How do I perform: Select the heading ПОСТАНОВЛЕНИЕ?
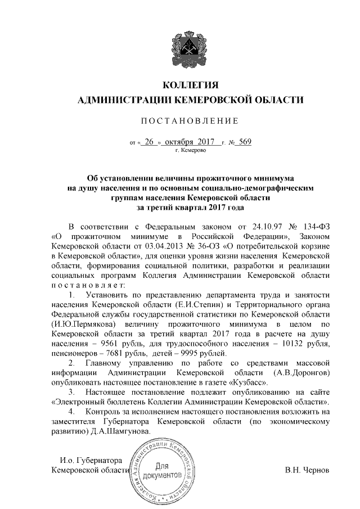190,121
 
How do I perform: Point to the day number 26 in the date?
149,142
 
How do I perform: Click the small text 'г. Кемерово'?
191,151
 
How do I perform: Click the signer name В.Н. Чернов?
307,470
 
